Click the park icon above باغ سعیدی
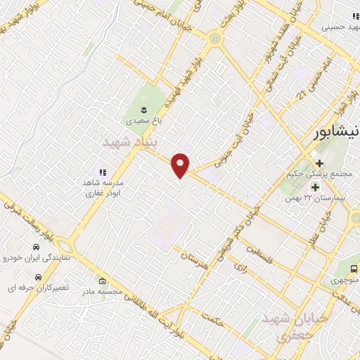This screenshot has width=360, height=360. (143, 109)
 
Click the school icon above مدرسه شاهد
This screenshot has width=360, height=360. (102, 172)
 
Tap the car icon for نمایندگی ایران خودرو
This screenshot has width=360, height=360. (35, 247)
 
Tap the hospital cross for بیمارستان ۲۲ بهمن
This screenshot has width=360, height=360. (314, 187)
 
